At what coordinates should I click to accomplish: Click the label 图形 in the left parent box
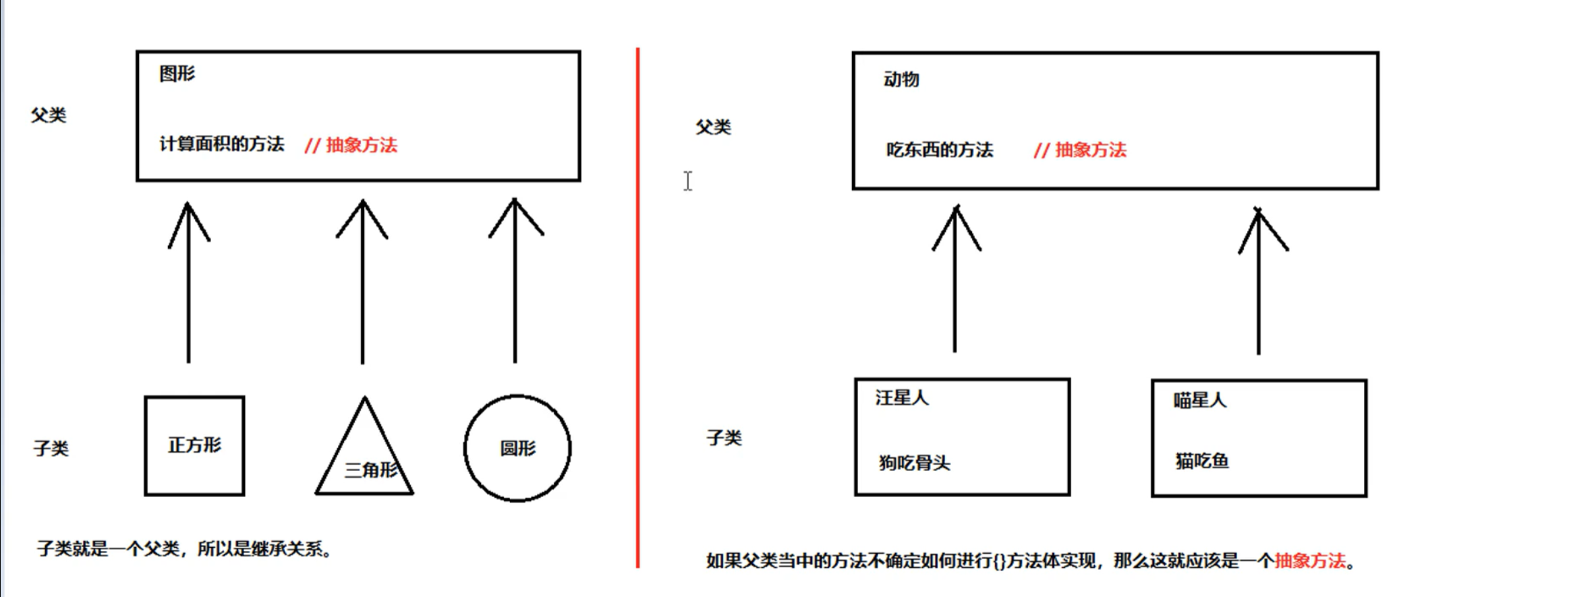click(177, 74)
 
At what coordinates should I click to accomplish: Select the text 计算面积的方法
click(222, 144)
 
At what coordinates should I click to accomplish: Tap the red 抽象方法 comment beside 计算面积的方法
click(351, 146)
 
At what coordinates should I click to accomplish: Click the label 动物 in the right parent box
click(901, 80)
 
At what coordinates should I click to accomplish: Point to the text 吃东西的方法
click(940, 150)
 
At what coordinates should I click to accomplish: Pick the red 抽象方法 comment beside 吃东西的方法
click(1081, 150)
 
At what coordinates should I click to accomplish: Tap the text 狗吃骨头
click(914, 463)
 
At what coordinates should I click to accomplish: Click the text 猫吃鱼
click(1202, 461)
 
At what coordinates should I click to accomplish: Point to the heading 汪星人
click(902, 398)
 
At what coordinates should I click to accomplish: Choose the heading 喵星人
click(1199, 401)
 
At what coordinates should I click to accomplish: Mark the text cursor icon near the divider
click(687, 181)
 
